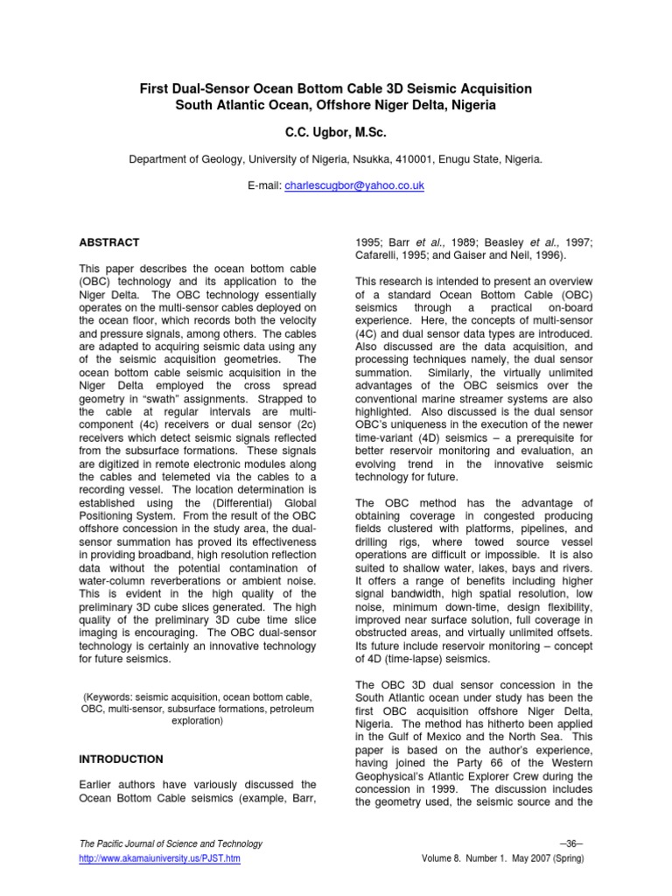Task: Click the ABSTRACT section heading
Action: (x=108, y=241)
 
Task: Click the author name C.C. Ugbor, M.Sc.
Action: (x=335, y=132)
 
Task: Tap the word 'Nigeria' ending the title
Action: (x=473, y=105)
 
